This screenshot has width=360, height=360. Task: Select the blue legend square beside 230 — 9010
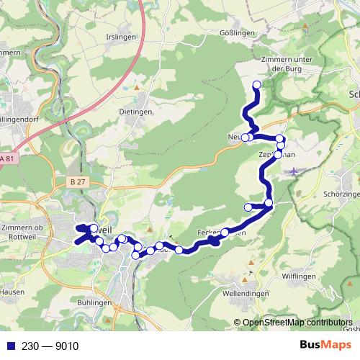tap(7, 346)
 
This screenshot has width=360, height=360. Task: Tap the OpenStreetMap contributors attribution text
tap(297, 323)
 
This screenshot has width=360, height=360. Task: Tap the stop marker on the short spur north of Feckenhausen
tap(248, 207)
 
